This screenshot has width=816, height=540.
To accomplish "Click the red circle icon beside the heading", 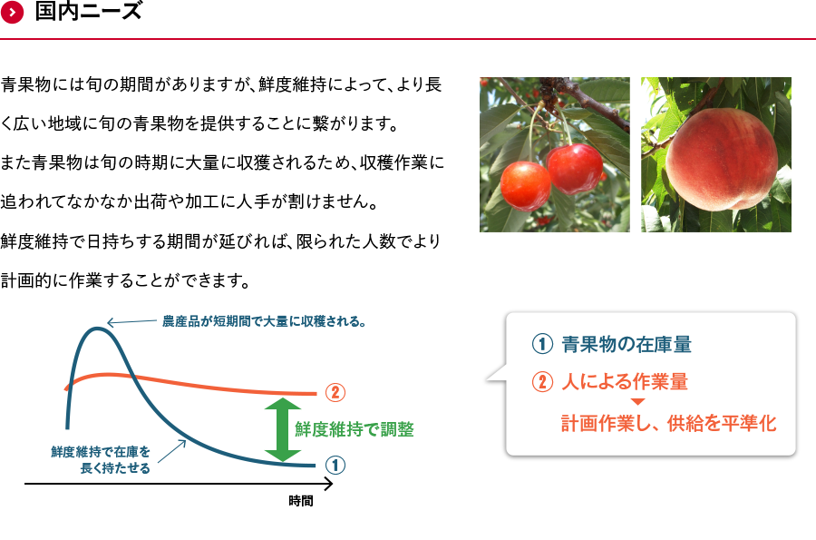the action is pyautogui.click(x=12, y=12).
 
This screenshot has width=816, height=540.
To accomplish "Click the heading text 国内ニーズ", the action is pyautogui.click(x=89, y=11).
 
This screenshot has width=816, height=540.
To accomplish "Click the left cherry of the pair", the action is pyautogui.click(x=525, y=186).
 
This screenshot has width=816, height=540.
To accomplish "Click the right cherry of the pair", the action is pyautogui.click(x=575, y=169).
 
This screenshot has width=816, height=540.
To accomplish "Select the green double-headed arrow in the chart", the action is pyautogui.click(x=283, y=429).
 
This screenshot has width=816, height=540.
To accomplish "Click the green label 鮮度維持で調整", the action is pyautogui.click(x=355, y=429).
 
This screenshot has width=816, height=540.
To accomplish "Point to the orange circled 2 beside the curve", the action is pyautogui.click(x=335, y=392).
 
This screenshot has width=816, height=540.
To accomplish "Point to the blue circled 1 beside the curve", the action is pyautogui.click(x=335, y=465).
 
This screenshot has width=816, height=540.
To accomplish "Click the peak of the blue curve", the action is pyautogui.click(x=97, y=328).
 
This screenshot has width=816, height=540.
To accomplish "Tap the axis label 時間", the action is pyautogui.click(x=301, y=501).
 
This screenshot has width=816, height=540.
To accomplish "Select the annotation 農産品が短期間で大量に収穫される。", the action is pyautogui.click(x=264, y=321).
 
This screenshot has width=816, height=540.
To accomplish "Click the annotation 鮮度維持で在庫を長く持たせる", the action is pyautogui.click(x=101, y=460).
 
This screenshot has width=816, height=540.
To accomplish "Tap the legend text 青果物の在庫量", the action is pyautogui.click(x=627, y=344).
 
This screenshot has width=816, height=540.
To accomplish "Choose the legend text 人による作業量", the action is pyautogui.click(x=625, y=382).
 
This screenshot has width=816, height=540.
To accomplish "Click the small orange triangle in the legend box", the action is pyautogui.click(x=638, y=402).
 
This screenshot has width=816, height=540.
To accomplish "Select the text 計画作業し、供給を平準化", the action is pyautogui.click(x=669, y=423).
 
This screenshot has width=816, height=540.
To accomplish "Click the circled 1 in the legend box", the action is pyautogui.click(x=542, y=344).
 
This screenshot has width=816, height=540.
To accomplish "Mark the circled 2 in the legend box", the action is pyautogui.click(x=542, y=382).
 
